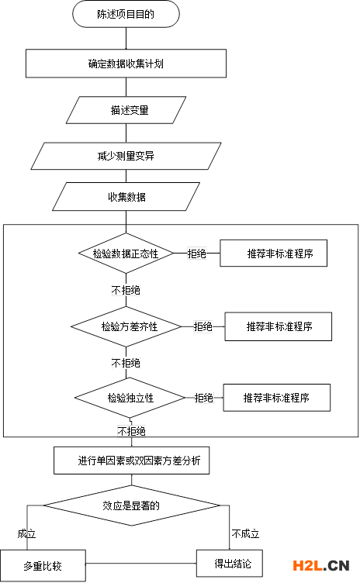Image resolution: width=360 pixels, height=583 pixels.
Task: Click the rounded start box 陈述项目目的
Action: pyautogui.click(x=126, y=14)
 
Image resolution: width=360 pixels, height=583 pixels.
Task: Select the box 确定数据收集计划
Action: pyautogui.click(x=126, y=64)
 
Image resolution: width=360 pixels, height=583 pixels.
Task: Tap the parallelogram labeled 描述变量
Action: pyautogui.click(x=126, y=110)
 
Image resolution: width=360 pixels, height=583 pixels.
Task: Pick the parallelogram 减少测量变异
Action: pyautogui.click(x=126, y=156)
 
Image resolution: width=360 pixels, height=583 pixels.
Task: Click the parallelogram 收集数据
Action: pyautogui.click(x=126, y=197)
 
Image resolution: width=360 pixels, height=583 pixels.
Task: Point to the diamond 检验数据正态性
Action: pyautogui.click(x=126, y=254)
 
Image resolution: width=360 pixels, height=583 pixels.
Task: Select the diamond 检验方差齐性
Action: pyautogui.click(x=126, y=327)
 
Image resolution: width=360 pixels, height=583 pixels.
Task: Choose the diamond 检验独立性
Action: pyautogui.click(x=130, y=398)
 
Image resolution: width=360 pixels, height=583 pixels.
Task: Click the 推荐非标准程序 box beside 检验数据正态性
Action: pyautogui.click(x=274, y=254)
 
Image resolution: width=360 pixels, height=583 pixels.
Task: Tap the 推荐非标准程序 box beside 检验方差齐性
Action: pyautogui.click(x=278, y=326)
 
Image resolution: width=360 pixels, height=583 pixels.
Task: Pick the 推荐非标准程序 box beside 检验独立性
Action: pyautogui.click(x=277, y=398)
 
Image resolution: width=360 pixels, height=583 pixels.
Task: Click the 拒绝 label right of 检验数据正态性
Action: pyautogui.click(x=196, y=254)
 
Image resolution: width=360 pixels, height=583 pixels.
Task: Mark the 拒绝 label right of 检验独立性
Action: pyautogui.click(x=203, y=398)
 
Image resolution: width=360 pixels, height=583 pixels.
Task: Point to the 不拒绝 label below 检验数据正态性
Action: pyautogui.click(x=126, y=290)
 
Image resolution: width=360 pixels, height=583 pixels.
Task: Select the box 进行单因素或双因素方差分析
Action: pyautogui.click(x=131, y=461)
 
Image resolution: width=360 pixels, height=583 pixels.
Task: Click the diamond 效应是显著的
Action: pyautogui.click(x=131, y=505)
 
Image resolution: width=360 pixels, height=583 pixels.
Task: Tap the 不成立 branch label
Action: pyautogui.click(x=245, y=534)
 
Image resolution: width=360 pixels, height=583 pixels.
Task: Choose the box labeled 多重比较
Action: pyautogui.click(x=43, y=566)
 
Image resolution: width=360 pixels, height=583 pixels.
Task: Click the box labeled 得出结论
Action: pyautogui.click(x=230, y=564)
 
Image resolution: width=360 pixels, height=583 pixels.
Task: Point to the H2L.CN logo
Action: pyautogui.click(x=321, y=565)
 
